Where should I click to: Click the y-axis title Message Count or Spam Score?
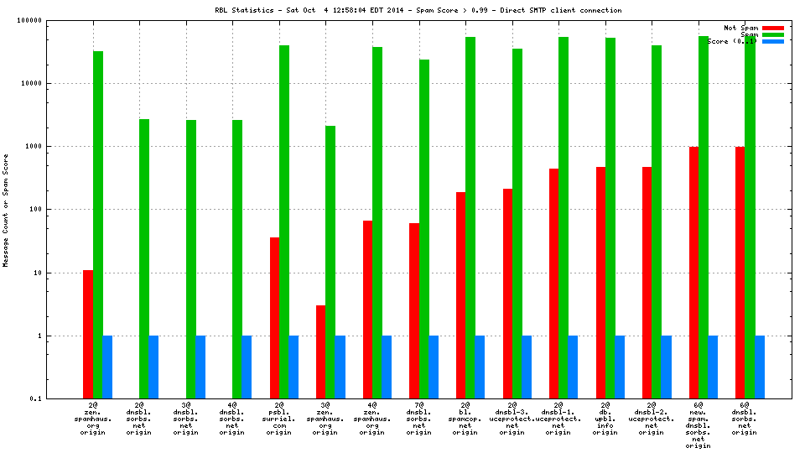tap(6, 210)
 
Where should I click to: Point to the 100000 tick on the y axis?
tap(51, 20)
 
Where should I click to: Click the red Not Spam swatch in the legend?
tap(773, 28)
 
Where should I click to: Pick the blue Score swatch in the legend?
tap(773, 41)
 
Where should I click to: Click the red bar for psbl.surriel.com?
tap(274, 318)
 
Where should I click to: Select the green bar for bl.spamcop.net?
tap(470, 218)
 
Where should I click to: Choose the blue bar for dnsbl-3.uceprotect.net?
tap(527, 367)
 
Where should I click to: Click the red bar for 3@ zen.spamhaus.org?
tap(321, 351)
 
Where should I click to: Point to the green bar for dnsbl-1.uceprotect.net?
tap(563, 218)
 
